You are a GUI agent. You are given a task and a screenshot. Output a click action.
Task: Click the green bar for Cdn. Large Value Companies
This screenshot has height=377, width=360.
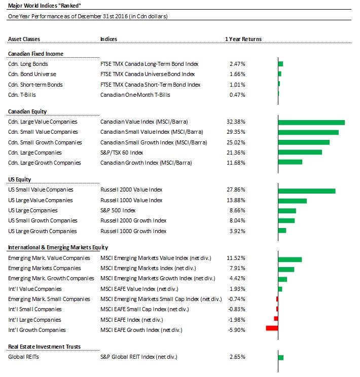pyautogui.click(x=311, y=123)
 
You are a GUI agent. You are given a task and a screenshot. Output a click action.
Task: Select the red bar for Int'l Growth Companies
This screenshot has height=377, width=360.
pyautogui.click(x=272, y=328)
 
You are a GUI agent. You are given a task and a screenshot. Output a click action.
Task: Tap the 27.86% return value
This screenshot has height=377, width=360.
pyautogui.click(x=236, y=190)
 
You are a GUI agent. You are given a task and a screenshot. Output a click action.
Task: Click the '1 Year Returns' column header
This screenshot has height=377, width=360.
pyautogui.click(x=243, y=39)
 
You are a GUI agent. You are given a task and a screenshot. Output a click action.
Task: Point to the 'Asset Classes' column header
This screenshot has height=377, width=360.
pyautogui.click(x=24, y=39)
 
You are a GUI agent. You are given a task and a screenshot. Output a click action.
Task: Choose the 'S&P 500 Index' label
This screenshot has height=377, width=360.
pyautogui.click(x=118, y=210)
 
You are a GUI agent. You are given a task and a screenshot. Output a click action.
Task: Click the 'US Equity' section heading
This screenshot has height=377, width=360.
pyautogui.click(x=19, y=179)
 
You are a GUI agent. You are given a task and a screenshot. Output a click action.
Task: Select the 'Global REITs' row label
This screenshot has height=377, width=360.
pyautogui.click(x=23, y=357)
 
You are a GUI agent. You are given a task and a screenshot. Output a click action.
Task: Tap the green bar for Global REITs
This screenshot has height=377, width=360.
pyautogui.click(x=281, y=358)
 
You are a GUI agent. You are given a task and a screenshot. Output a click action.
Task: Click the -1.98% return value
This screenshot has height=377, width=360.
pyautogui.click(x=237, y=320)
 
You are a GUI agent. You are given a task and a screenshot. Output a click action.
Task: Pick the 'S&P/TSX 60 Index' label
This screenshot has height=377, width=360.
pyautogui.click(x=122, y=153)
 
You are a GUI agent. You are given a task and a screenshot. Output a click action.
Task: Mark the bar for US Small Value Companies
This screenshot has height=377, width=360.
pyautogui.click(x=307, y=191)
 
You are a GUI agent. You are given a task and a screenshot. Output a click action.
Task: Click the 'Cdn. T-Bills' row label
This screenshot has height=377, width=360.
pyautogui.click(x=22, y=95)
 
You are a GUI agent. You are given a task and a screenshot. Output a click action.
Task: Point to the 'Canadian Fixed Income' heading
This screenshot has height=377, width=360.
pyautogui.click(x=35, y=54)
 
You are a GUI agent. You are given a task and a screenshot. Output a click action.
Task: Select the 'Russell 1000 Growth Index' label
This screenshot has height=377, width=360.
pyautogui.click(x=133, y=231)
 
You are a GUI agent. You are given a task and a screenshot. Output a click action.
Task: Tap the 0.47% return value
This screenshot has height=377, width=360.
pyautogui.click(x=237, y=95)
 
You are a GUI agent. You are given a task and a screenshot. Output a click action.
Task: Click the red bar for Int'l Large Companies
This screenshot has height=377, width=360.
pyautogui.click(x=276, y=319)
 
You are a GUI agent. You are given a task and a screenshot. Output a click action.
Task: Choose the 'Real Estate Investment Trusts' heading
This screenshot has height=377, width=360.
pyautogui.click(x=44, y=347)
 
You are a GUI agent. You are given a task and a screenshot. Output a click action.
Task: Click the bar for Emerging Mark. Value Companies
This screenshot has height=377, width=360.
pyautogui.click(x=290, y=259)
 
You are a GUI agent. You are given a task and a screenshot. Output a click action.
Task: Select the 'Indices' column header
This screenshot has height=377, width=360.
pyautogui.click(x=109, y=39)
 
